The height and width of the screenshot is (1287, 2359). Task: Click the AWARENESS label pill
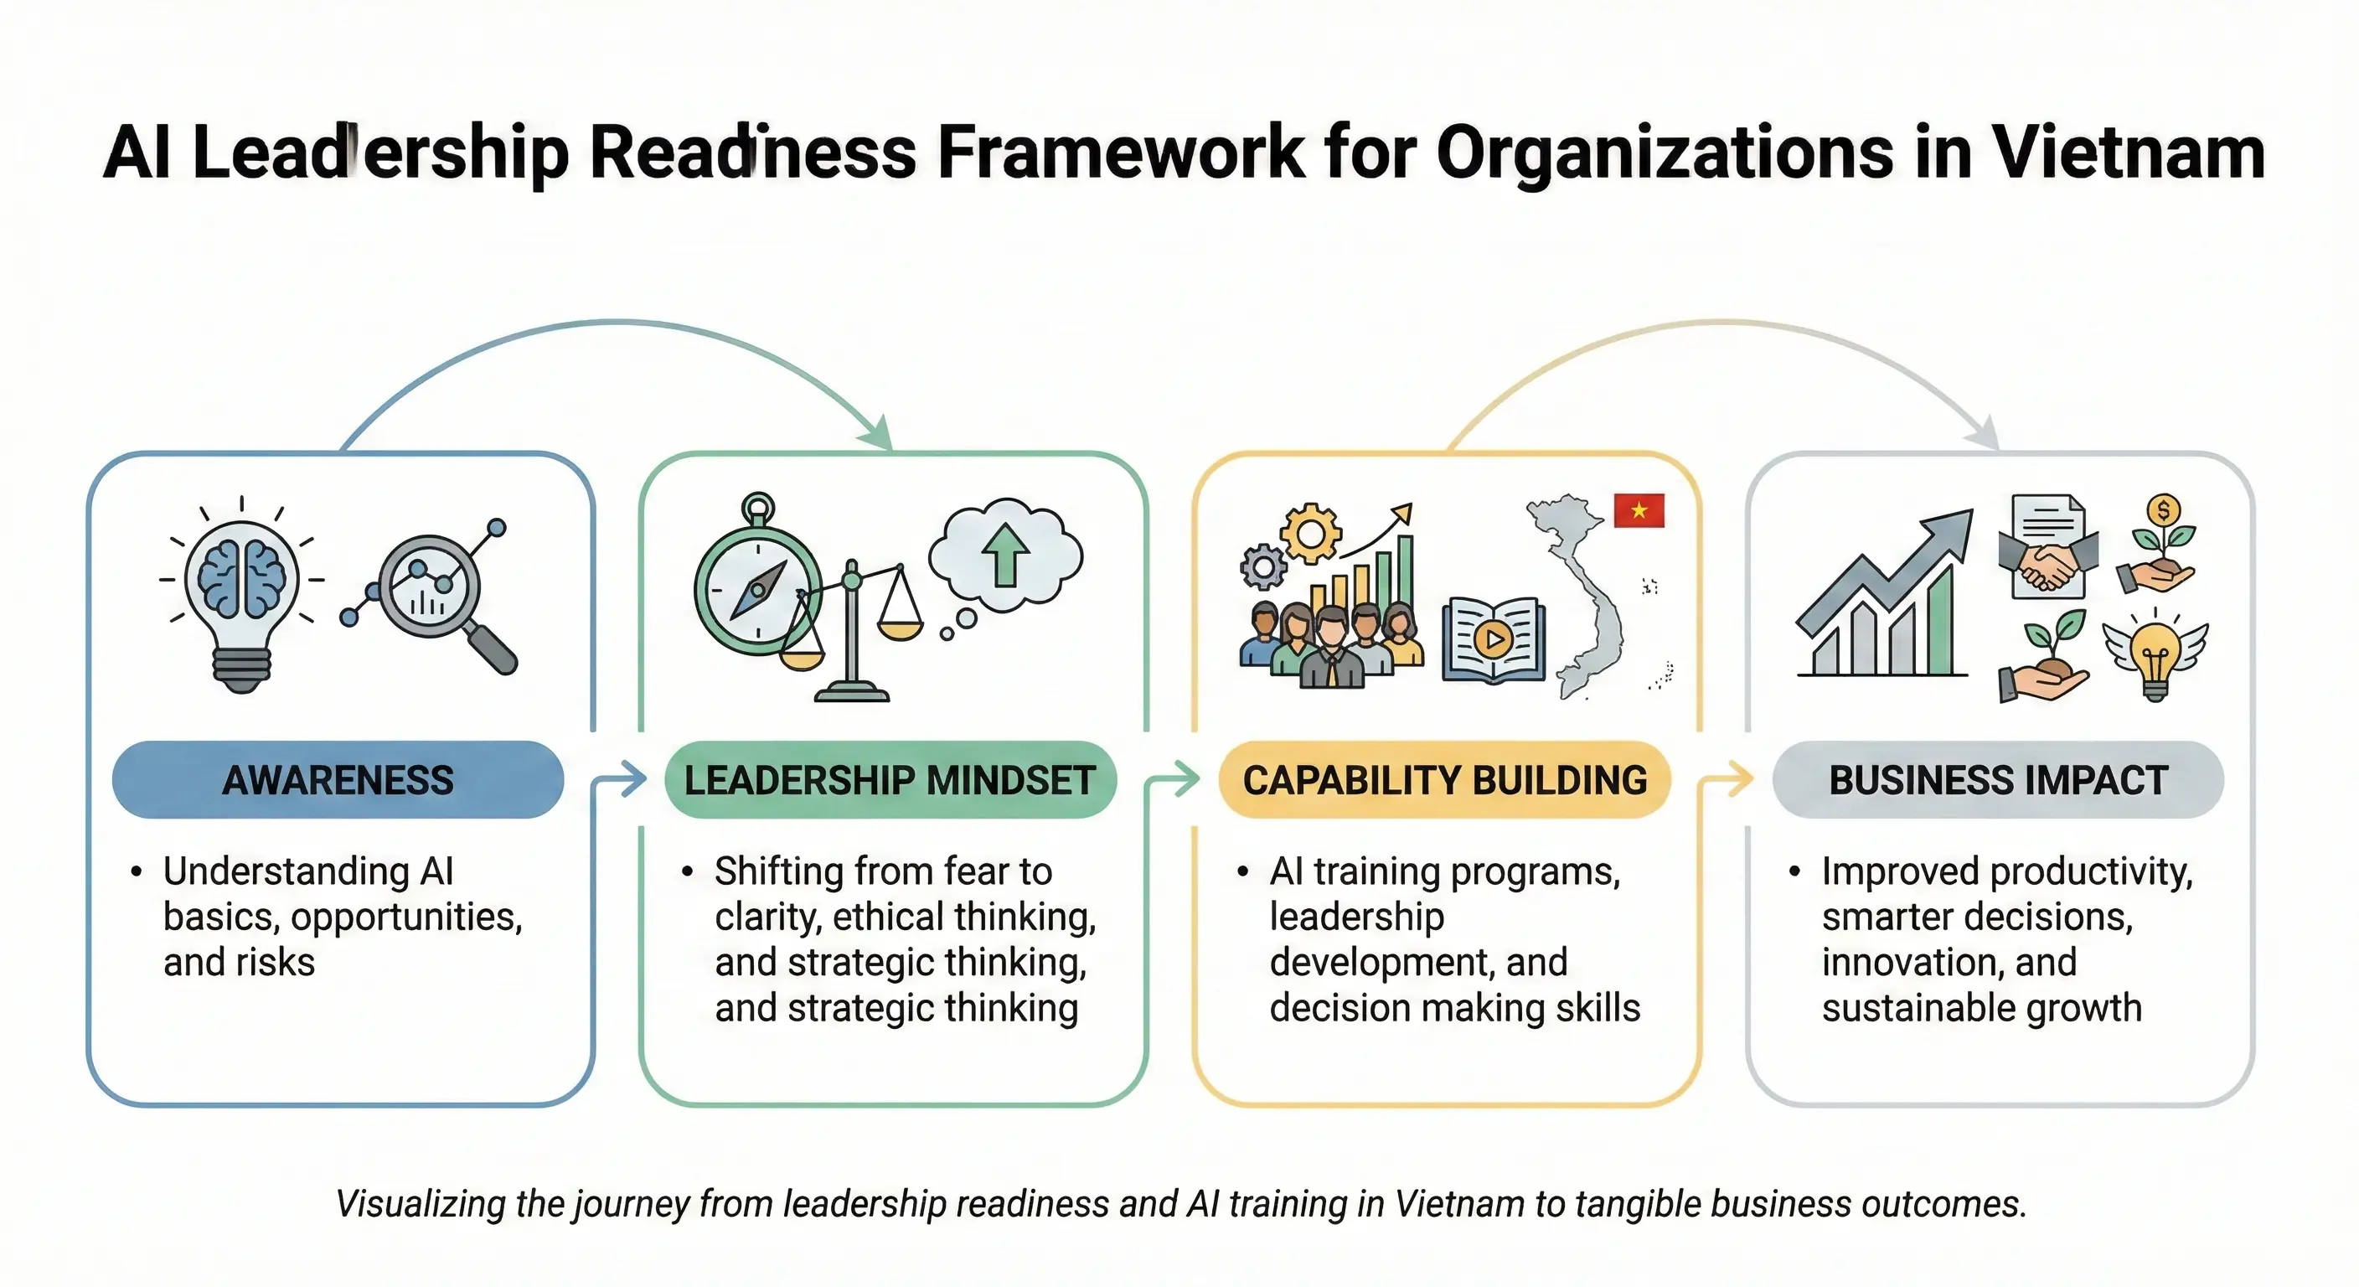(338, 779)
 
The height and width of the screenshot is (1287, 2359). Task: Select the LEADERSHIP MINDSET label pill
(890, 779)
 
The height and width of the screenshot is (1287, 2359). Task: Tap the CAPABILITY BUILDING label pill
(1444, 779)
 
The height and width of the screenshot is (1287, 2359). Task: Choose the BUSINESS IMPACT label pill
(1998, 779)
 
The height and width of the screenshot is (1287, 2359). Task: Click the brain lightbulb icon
(242, 596)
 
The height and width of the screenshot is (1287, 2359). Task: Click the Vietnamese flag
(1639, 510)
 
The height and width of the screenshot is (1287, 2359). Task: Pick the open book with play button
(1494, 639)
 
